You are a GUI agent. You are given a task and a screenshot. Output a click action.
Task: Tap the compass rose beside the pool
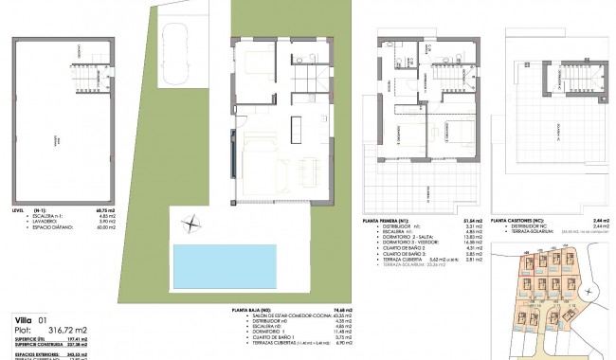point(191,224)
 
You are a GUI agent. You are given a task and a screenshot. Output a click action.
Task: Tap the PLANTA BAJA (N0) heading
point(257,309)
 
